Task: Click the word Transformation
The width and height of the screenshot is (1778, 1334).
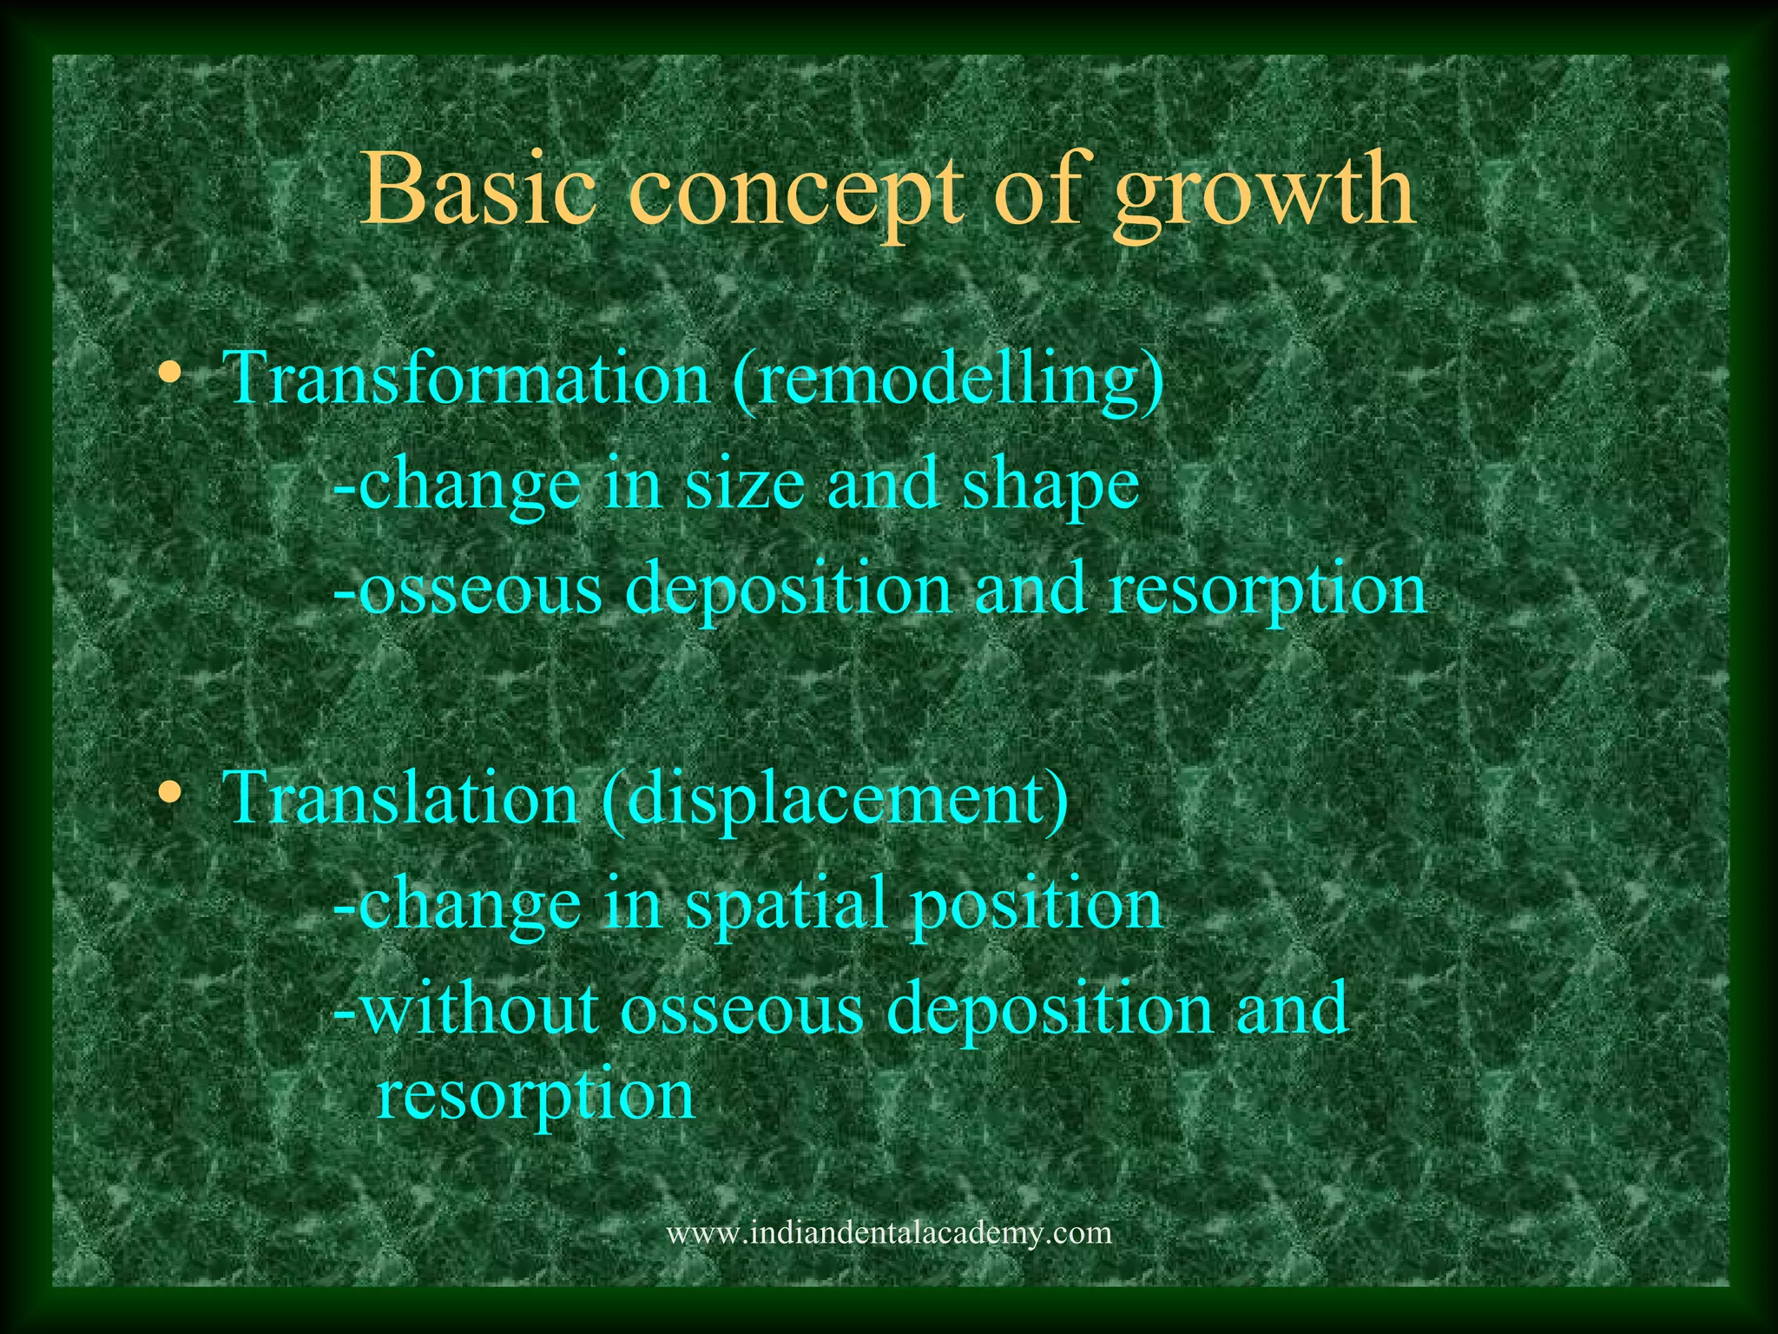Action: click(468, 379)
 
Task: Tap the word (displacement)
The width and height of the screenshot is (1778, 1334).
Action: click(834, 800)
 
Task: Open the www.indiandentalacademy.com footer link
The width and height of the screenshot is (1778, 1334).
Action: click(888, 1232)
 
